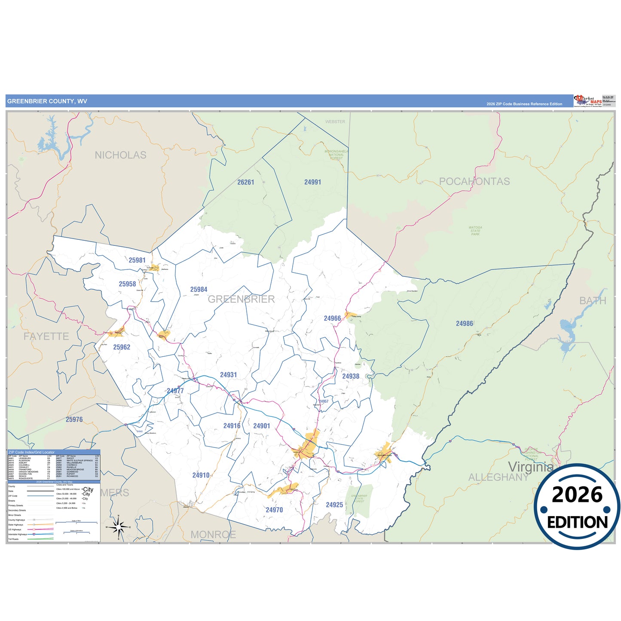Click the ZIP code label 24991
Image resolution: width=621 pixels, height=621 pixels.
pyautogui.click(x=312, y=182)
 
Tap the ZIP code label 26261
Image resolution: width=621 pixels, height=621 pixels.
pyautogui.click(x=246, y=182)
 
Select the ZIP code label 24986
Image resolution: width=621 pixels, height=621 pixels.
pyautogui.click(x=465, y=324)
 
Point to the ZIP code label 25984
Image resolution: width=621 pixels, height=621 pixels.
pyautogui.click(x=199, y=290)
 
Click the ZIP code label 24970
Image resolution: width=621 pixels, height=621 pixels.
pyautogui.click(x=274, y=510)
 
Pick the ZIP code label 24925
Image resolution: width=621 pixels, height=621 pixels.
pyautogui.click(x=334, y=505)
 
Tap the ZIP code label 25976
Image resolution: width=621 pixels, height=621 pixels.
pyautogui.click(x=74, y=419)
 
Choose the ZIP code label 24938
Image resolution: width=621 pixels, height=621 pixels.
pyautogui.click(x=351, y=376)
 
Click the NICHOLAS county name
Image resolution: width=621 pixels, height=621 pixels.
pyautogui.click(x=120, y=155)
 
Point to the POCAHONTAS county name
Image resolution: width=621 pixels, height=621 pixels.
pyautogui.click(x=474, y=181)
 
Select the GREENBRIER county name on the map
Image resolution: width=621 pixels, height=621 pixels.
pyautogui.click(x=241, y=299)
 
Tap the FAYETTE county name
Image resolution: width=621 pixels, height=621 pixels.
pyautogui.click(x=46, y=337)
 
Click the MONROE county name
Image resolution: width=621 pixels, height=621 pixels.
pyautogui.click(x=213, y=535)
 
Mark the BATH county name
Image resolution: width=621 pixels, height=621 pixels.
pyautogui.click(x=593, y=301)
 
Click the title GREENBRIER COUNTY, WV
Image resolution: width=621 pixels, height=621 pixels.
pyautogui.click(x=47, y=101)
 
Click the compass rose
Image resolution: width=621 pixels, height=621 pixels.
pyautogui.click(x=119, y=526)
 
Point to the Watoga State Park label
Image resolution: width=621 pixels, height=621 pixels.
pyautogui.click(x=475, y=231)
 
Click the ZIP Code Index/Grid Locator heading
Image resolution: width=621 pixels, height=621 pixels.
pyautogui.click(x=31, y=452)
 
